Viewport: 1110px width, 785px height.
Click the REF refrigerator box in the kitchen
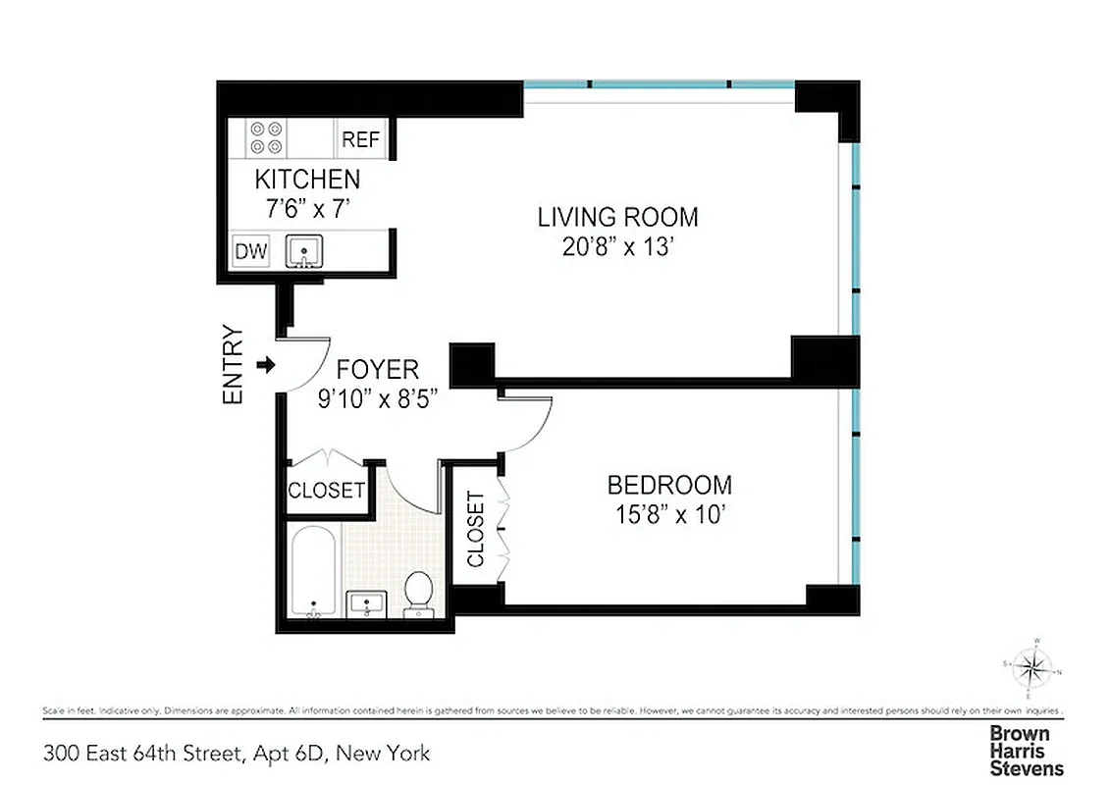coord(360,139)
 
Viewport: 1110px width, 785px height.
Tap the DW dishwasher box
coord(251,251)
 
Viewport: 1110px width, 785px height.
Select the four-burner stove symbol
coord(266,137)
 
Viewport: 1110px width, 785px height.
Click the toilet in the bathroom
coord(419,593)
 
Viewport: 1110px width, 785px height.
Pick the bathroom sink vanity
coord(368,603)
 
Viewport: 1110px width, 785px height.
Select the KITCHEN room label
coord(307,180)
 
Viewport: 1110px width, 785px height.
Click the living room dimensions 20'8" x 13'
coord(617,247)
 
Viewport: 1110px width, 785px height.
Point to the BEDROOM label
coord(669,485)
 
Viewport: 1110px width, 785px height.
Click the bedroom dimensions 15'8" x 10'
coord(669,514)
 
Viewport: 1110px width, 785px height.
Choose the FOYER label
coord(377,370)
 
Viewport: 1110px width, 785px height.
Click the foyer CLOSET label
coord(326,490)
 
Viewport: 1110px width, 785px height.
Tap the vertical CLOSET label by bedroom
coord(476,530)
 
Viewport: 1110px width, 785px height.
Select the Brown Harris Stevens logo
coord(1026,751)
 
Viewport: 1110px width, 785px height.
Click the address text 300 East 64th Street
coord(236,754)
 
